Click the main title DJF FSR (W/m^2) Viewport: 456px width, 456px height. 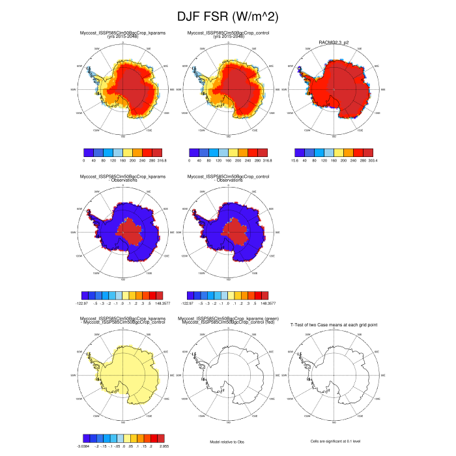pos(228,16)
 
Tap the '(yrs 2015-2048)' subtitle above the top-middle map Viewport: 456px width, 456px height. pos(227,37)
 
